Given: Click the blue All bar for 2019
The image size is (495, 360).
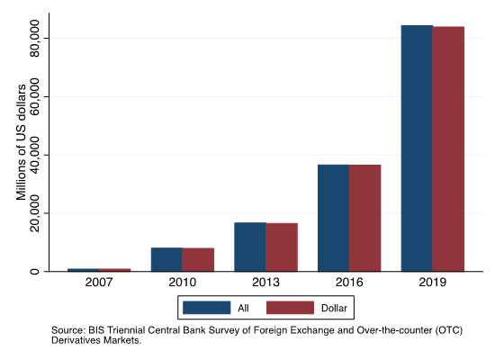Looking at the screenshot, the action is click(x=417, y=148).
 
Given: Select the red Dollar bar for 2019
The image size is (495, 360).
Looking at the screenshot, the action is click(x=448, y=148).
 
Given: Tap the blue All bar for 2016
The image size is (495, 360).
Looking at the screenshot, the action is click(x=333, y=218).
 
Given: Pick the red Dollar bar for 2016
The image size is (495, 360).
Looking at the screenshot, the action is click(x=364, y=218).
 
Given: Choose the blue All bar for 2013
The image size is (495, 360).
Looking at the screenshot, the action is click(x=250, y=247).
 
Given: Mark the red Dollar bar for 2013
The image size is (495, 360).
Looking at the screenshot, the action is click(x=282, y=247).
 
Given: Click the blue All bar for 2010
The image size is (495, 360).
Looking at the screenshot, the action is click(x=166, y=259).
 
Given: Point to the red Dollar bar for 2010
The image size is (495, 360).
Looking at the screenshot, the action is click(x=198, y=259).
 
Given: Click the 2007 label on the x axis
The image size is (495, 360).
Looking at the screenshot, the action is click(x=99, y=282).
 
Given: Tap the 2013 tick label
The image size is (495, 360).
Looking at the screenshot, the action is click(x=265, y=282).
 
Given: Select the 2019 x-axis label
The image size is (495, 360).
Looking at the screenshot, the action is click(x=433, y=282).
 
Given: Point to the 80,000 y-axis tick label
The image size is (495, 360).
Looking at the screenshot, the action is click(x=34, y=38).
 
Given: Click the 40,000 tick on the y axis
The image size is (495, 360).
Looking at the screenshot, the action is click(x=34, y=155).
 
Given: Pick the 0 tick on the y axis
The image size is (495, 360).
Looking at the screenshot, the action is click(x=34, y=271).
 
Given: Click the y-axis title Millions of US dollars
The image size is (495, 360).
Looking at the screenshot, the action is click(x=22, y=142).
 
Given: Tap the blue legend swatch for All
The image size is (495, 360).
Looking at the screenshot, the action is click(x=207, y=308).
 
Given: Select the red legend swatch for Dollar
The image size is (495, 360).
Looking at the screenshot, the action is click(x=291, y=308).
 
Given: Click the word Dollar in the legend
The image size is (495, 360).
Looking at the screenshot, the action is click(x=334, y=308).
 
